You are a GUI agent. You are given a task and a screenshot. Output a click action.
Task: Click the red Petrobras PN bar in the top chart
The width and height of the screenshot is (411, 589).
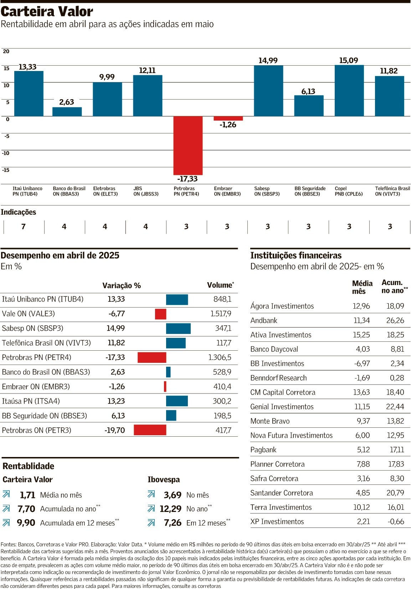tap(188, 146)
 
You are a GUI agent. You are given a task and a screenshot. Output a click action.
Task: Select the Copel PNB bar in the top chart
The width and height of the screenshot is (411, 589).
tap(349, 91)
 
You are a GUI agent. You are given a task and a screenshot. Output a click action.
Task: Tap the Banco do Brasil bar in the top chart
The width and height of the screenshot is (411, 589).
tap(67, 112)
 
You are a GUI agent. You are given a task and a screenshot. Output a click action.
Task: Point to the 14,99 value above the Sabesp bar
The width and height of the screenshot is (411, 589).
tap(268, 61)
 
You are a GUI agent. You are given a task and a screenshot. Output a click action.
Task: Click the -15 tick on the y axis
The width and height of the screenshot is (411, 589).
tap(5, 170)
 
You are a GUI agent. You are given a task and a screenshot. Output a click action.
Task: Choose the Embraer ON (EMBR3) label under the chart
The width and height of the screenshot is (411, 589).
tap(227, 191)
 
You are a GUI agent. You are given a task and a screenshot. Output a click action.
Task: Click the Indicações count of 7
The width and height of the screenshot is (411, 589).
tap(24, 227)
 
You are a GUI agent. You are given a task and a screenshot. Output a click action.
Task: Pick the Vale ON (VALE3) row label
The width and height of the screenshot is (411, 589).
tap(29, 314)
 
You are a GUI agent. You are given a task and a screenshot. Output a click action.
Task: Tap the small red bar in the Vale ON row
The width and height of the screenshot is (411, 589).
tap(160, 314)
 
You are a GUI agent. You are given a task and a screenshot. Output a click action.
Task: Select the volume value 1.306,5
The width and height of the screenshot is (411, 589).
tap(220, 357)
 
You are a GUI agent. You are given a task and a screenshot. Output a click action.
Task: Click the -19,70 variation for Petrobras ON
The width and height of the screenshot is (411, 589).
tap(114, 430)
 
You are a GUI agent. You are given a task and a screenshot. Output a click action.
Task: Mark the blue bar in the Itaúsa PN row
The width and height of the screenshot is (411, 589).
tap(177, 401)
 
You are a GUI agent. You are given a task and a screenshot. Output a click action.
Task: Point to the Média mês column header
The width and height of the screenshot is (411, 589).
tap(362, 287)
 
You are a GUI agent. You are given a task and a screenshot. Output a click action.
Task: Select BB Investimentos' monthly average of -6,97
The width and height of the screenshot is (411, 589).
tap(362, 364)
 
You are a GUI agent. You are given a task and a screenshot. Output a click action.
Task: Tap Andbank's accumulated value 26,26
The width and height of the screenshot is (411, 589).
tap(395, 320)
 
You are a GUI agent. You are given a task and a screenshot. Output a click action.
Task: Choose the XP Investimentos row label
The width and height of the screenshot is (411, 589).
tap(277, 522)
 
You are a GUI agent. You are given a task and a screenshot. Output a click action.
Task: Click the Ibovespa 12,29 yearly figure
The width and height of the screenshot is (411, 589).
tap(170, 509)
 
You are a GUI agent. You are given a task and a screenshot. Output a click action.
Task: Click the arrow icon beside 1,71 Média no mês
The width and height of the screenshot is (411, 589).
tap(6, 494)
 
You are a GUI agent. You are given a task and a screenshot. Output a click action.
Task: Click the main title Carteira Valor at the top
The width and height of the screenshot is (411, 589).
tap(47, 11)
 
